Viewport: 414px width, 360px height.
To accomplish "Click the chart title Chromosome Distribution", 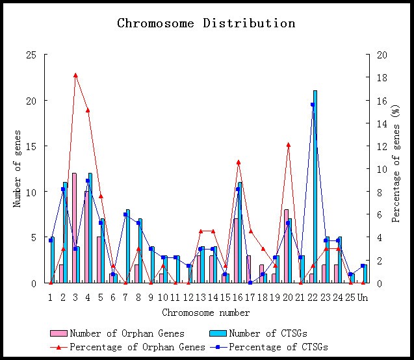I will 206,23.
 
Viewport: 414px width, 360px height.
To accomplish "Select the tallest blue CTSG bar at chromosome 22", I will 315,188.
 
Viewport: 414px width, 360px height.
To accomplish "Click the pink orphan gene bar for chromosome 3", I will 74,227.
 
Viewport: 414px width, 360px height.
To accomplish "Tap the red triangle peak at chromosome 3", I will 75,75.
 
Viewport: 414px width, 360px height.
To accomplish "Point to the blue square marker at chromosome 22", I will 313,105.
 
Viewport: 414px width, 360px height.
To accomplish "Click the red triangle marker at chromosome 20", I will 288,145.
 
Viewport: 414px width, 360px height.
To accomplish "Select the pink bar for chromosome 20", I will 286,247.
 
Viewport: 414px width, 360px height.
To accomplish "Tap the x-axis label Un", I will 363,297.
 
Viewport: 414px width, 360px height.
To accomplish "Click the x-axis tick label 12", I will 188,297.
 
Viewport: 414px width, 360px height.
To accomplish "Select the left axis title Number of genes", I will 18,169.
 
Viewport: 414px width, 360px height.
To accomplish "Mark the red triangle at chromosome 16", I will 239,162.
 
